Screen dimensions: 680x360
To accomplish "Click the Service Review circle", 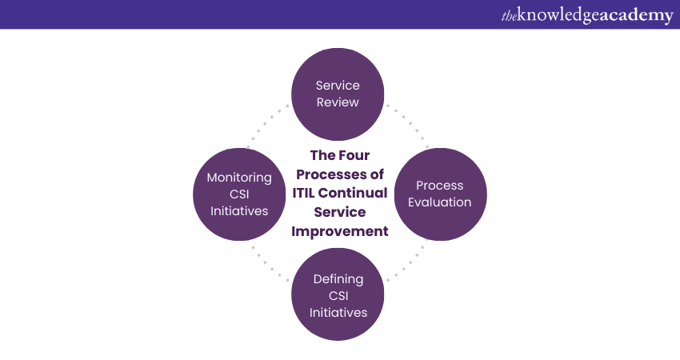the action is pos(338,94).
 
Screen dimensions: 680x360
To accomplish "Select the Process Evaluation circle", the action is pos(440,194).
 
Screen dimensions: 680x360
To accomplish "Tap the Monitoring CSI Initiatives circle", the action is pos(239,194).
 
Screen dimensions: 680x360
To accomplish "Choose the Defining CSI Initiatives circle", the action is pos(338,294).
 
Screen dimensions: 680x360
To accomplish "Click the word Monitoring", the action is pos(239,178).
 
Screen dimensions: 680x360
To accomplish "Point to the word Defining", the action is pos(338,279).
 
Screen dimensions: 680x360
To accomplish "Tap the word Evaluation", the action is pos(439,202).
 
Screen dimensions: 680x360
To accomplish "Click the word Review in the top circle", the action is pos(338,102).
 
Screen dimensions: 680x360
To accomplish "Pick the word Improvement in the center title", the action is pos(339,231).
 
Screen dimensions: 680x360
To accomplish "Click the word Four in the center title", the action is pos(354,155).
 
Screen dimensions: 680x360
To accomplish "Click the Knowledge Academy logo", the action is pos(587,15).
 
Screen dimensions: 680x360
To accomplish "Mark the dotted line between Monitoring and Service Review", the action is pos(268,126).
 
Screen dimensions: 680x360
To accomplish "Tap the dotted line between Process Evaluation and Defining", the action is pos(406,264).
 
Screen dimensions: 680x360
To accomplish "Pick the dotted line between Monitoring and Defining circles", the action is pos(270,264).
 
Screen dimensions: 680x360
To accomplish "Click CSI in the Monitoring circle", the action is pos(239,194).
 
